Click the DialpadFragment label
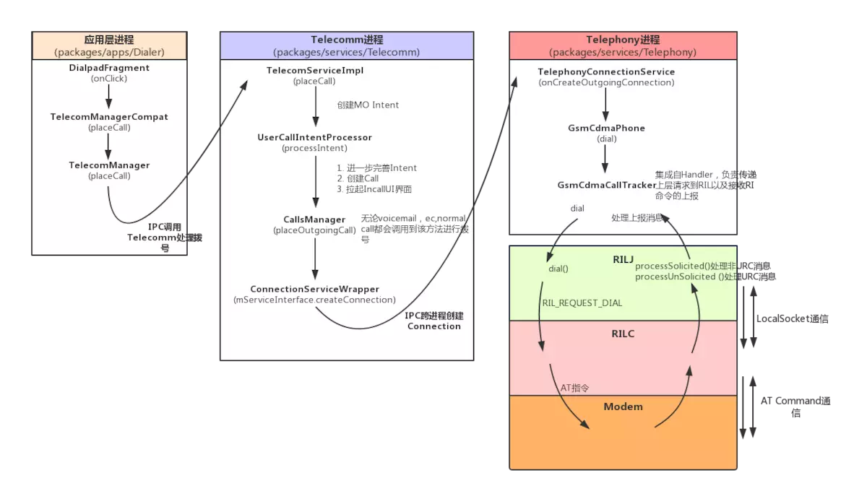(x=109, y=68)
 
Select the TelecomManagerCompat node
(x=109, y=117)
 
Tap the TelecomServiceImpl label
(x=315, y=71)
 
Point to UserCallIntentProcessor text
(x=315, y=137)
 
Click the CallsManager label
(x=314, y=220)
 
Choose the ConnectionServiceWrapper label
(x=314, y=289)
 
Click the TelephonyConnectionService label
(x=606, y=72)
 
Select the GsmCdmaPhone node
(x=606, y=128)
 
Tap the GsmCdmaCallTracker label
(x=606, y=185)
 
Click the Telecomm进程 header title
(x=347, y=40)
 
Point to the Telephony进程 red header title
(x=623, y=40)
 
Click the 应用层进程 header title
(x=109, y=40)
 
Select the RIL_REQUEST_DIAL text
(x=582, y=303)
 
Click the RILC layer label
(x=623, y=334)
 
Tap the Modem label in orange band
(x=623, y=407)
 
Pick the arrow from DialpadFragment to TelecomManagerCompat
(x=109, y=95)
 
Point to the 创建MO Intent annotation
(x=368, y=105)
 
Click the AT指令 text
(x=575, y=388)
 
